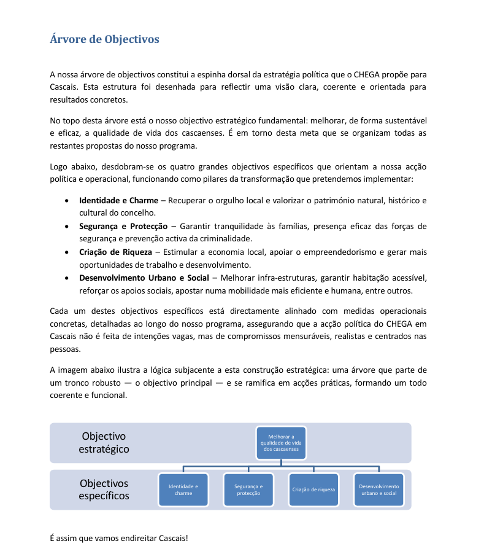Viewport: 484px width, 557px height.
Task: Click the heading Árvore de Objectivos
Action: pyautogui.click(x=104, y=39)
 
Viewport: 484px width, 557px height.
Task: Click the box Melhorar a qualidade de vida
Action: pyautogui.click(x=281, y=443)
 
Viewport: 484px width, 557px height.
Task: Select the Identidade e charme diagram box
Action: pyautogui.click(x=183, y=489)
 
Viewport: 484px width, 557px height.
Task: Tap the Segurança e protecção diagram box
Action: pyautogui.click(x=248, y=489)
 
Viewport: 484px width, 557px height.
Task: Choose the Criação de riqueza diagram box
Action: pyautogui.click(x=313, y=489)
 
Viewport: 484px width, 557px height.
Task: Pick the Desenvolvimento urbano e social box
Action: pyautogui.click(x=378, y=489)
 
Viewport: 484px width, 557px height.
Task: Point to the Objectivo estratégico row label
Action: pyautogui.click(x=104, y=442)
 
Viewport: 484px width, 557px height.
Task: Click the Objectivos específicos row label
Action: pyautogui.click(x=104, y=489)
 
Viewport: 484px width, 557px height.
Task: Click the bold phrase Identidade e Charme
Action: pyautogui.click(x=118, y=200)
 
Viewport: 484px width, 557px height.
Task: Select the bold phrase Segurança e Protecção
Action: pyautogui.click(x=123, y=226)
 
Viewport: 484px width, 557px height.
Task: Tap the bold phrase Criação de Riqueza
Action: pyautogui.click(x=115, y=252)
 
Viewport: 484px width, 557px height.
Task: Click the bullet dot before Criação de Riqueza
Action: pyautogui.click(x=66, y=252)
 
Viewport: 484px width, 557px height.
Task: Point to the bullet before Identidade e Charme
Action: pyautogui.click(x=66, y=201)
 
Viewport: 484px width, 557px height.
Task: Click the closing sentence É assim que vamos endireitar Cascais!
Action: pyautogui.click(x=119, y=538)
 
